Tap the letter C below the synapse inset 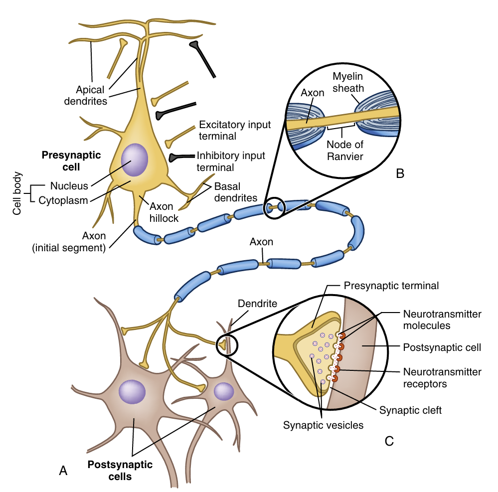coord(389,441)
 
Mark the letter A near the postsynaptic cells coord(63,470)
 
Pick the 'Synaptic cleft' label coord(410,411)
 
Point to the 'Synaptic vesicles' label coord(323,425)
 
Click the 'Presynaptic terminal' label coord(391,286)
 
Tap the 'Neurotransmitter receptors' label coord(441,378)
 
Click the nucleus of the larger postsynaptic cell coord(132,392)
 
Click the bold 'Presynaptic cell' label coord(71,161)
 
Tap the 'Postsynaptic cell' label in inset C coord(441,347)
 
